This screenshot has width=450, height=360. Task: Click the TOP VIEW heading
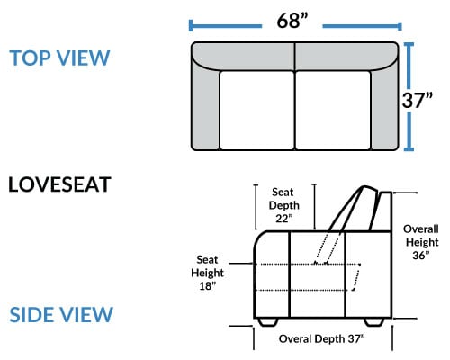(59, 58)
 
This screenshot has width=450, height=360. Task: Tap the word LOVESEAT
(59, 184)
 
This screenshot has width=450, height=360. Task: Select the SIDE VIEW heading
(61, 314)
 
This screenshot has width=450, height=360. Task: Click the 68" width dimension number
(292, 21)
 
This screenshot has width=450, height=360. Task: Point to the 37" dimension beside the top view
(417, 100)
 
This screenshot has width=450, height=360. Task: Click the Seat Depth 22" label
(283, 205)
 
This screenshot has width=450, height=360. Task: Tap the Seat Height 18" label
(207, 273)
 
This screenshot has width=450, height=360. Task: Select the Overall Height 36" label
(421, 242)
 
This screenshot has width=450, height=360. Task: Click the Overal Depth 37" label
(322, 338)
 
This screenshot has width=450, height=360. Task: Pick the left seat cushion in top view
(257, 111)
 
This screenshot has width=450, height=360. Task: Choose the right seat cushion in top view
(333, 111)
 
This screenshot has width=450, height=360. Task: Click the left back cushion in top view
(243, 57)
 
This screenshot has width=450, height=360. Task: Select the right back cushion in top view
(347, 57)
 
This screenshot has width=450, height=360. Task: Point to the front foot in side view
(267, 322)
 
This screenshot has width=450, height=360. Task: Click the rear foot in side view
(374, 322)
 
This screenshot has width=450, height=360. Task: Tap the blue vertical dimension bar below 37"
(409, 130)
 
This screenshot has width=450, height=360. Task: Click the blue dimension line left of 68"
(225, 26)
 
